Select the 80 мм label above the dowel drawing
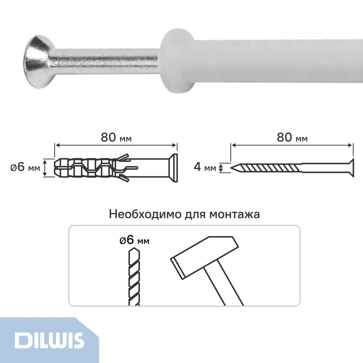(115, 138)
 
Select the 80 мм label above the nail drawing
(292, 138)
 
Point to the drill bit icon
(133, 276)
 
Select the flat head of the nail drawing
(351, 167)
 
